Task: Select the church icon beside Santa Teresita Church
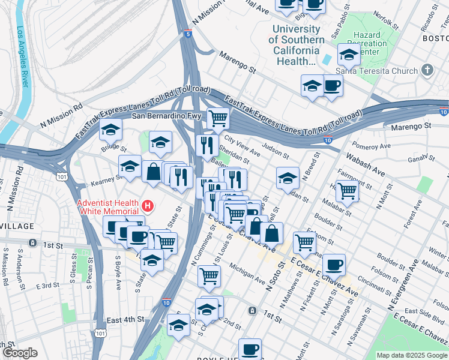[427, 71]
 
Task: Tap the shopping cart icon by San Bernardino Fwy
[218, 118]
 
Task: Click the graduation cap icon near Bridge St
[110, 129]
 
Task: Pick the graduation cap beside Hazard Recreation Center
[349, 55]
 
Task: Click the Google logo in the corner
[20, 353]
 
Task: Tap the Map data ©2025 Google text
[411, 355]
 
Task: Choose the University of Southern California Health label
[297, 45]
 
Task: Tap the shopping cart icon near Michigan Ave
[209, 275]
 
